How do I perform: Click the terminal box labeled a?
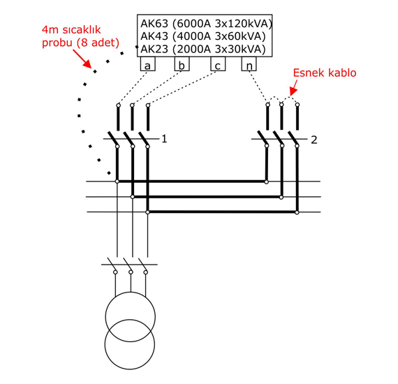(x=148, y=64)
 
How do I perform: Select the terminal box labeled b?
(x=182, y=64)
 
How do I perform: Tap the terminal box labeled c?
(x=218, y=64)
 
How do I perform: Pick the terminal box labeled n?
(x=249, y=64)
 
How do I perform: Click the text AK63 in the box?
(x=154, y=24)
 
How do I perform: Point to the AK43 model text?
(x=154, y=36)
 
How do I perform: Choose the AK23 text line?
(x=203, y=49)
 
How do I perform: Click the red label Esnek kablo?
(x=325, y=73)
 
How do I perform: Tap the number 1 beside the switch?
(x=164, y=139)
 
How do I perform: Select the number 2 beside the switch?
(x=314, y=140)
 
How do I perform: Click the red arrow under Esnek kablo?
(x=294, y=87)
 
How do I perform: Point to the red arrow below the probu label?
(x=82, y=59)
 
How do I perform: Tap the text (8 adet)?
(x=98, y=43)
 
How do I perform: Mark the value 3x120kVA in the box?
(x=244, y=24)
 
